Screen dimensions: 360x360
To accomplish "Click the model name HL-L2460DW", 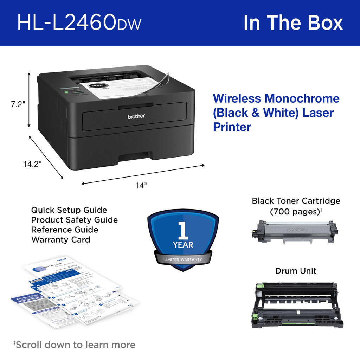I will coord(79,22).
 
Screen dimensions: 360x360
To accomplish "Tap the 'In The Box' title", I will coord(293,22).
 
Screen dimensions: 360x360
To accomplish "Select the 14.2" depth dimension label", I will coord(32,163).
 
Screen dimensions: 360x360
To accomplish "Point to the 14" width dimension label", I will coord(141,186).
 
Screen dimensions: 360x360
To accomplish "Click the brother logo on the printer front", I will coord(136,116).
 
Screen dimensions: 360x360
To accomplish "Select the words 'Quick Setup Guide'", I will coord(69,210).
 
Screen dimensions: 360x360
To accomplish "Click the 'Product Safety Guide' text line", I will coord(75,220).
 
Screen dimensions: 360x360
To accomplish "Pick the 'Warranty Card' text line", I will coord(60,240).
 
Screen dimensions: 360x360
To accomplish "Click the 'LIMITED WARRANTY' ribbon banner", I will coord(183,259).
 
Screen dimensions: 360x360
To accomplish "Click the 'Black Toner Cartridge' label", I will coord(296,201).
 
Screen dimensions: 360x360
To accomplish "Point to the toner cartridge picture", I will coord(295,232).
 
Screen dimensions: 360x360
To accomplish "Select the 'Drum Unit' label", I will coord(296,271).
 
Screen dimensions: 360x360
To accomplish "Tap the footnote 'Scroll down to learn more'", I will coord(75,345).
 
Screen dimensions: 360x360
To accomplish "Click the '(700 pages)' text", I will coord(295,212).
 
